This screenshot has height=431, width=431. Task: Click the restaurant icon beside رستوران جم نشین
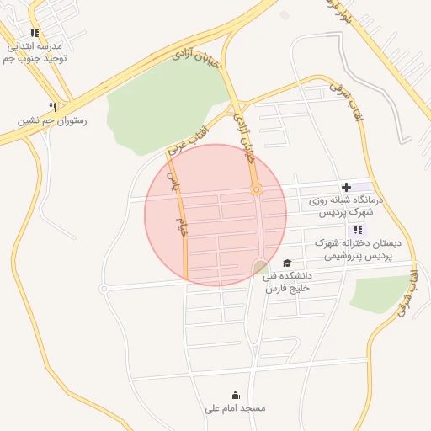point(52,107)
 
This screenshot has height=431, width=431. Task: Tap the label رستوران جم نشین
point(52,121)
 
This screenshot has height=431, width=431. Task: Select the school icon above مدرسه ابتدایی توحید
point(35,34)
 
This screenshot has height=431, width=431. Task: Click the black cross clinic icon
point(346,186)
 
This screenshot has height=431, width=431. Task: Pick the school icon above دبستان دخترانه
point(358,230)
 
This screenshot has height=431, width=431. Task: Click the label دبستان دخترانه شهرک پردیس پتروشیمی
point(358,248)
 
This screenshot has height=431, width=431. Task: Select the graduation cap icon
point(287,263)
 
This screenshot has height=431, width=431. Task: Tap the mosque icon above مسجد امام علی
point(235,395)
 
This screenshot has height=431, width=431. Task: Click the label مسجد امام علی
point(235,408)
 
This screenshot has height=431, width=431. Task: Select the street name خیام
point(182,227)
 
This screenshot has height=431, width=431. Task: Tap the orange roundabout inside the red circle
point(257,190)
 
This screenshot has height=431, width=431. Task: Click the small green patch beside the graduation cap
point(260,268)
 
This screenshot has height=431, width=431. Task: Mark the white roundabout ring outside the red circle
point(104,289)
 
